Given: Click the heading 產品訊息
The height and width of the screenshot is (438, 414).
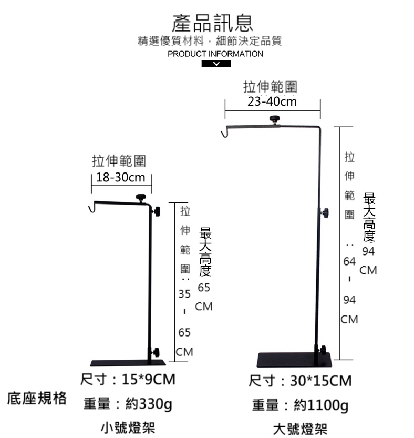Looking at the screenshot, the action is pyautogui.click(x=212, y=23).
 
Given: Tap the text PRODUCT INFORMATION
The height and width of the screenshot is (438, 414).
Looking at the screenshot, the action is pyautogui.click(x=215, y=54).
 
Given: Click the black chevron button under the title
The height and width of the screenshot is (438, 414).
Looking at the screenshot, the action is pyautogui.click(x=216, y=64).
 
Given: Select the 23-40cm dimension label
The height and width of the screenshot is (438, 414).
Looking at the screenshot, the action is pyautogui.click(x=272, y=101).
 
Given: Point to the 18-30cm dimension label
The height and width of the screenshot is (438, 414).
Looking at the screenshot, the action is pyautogui.click(x=120, y=177).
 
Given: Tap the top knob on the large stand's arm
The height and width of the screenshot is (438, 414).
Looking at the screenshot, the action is pyautogui.click(x=275, y=119).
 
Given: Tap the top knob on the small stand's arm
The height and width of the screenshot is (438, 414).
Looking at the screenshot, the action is pyautogui.click(x=141, y=198).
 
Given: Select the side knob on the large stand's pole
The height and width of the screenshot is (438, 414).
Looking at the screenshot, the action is pyautogui.click(x=325, y=213).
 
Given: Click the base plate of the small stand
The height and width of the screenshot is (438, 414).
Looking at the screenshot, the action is pyautogui.click(x=128, y=363).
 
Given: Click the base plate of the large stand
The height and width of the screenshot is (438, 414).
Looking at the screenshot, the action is pyautogui.click(x=295, y=360).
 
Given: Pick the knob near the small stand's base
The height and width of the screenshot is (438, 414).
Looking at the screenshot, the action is pyautogui.click(x=156, y=352).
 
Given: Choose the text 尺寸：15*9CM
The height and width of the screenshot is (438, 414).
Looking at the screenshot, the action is pyautogui.click(x=128, y=379).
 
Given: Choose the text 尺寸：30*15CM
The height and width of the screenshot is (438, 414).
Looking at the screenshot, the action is pyautogui.click(x=300, y=381).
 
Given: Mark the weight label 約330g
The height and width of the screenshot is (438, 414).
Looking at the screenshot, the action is pyautogui.click(x=149, y=404).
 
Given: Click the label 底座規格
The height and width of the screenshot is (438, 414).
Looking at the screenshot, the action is pyautogui.click(x=37, y=398).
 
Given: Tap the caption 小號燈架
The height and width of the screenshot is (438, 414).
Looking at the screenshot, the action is pyautogui.click(x=128, y=427).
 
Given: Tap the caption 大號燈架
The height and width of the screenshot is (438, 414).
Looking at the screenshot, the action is pyautogui.click(x=300, y=429).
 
